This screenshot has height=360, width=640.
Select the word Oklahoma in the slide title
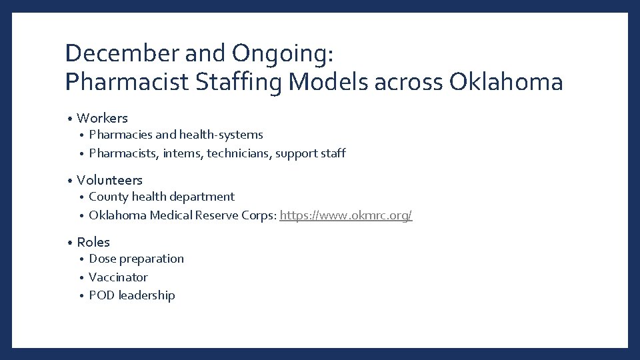[506, 83]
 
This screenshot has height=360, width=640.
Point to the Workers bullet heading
[102, 118]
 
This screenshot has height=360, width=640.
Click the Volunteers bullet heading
[109, 180]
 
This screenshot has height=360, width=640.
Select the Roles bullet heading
[93, 242]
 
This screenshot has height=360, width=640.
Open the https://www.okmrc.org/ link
[346, 215]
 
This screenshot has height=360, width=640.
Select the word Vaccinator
[118, 277]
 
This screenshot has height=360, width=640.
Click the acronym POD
[102, 295]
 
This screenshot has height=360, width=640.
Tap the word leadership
[147, 295]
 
